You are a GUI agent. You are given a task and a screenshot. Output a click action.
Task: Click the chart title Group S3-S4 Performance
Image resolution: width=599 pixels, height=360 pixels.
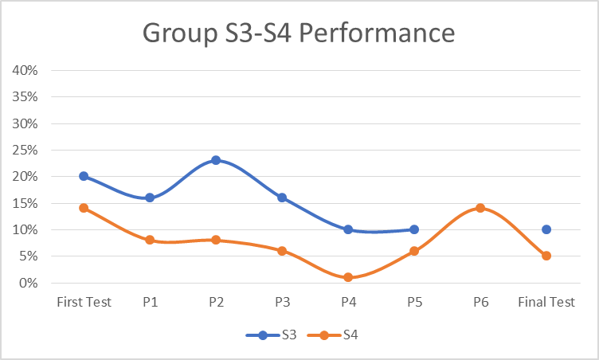(x=299, y=33)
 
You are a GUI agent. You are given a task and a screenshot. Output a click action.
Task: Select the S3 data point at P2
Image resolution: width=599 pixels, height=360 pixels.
(x=216, y=160)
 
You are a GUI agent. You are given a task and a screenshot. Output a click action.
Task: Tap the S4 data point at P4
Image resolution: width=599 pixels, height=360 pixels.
(x=348, y=277)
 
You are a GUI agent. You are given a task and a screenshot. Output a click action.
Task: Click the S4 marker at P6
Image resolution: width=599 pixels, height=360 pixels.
(x=480, y=208)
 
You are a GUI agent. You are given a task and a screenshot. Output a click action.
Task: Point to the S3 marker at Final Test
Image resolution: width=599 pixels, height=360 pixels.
(x=546, y=229)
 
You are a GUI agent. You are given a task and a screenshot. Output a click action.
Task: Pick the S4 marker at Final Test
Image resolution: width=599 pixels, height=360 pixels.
(x=546, y=256)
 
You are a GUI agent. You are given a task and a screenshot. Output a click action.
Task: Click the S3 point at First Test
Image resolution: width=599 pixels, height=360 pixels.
(x=84, y=176)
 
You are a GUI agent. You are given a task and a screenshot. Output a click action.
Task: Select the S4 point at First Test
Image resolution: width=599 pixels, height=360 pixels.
(x=84, y=208)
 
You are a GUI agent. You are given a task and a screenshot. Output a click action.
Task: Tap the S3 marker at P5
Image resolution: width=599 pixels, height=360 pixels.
(x=414, y=229)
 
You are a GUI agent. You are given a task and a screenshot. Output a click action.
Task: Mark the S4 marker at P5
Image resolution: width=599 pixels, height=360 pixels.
(x=414, y=251)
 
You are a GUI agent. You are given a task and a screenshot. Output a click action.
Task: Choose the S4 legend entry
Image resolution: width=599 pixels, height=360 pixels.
(x=335, y=335)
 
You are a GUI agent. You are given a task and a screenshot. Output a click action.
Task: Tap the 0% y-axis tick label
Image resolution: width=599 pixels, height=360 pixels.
(x=29, y=283)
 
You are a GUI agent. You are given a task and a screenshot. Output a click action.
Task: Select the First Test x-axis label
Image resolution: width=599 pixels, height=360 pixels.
(x=84, y=303)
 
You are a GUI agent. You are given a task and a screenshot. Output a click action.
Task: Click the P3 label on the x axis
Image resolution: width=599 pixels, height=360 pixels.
(x=282, y=303)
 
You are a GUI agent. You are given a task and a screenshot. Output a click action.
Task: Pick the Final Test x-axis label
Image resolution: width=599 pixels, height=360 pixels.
(x=546, y=303)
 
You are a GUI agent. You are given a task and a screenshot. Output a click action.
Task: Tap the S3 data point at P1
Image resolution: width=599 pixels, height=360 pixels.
(x=150, y=198)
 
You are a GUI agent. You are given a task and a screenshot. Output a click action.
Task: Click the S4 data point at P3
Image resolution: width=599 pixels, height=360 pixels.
(x=282, y=251)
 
